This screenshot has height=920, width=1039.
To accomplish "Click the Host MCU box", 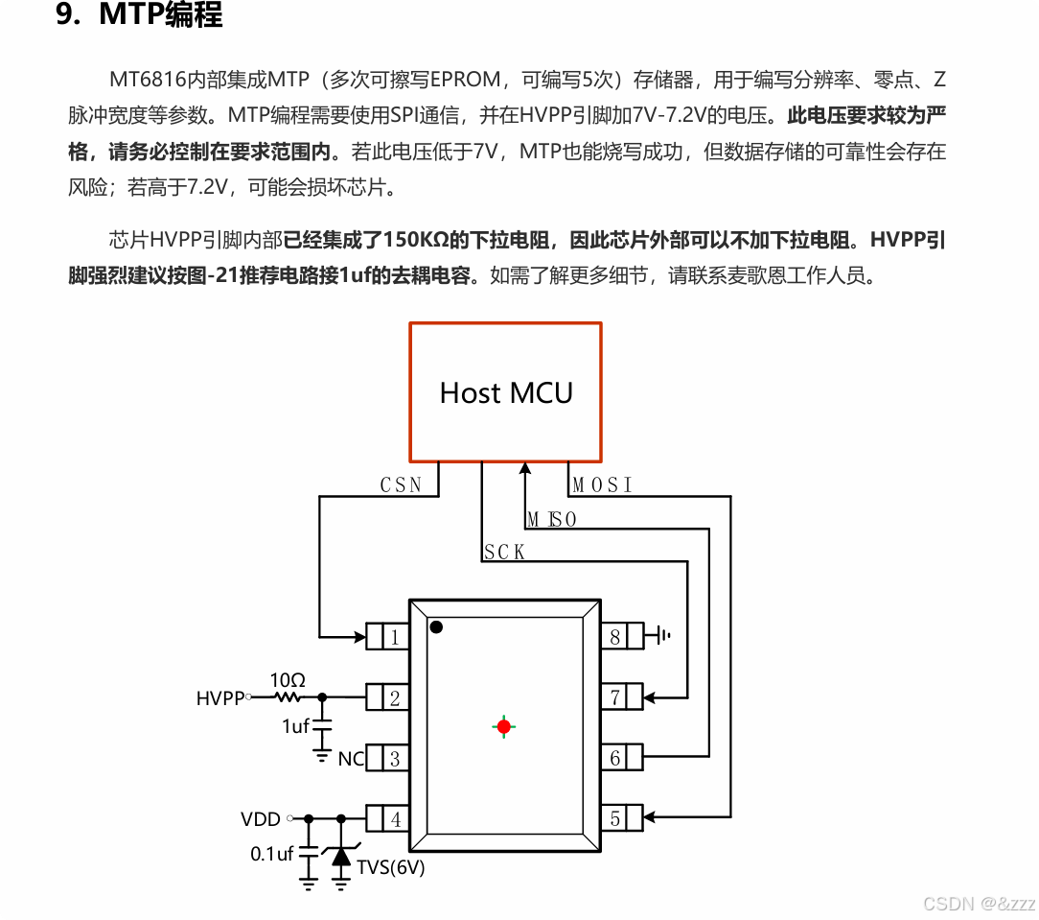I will (x=505, y=392).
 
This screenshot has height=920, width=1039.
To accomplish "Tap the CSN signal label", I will (x=401, y=485).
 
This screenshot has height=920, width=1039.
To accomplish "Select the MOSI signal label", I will (x=603, y=485).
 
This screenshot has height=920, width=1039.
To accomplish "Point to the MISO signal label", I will (x=552, y=520).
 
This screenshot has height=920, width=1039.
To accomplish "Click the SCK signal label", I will (x=504, y=553).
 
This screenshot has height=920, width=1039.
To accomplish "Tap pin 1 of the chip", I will (x=394, y=636).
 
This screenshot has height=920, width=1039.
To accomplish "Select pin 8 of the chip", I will (x=615, y=636).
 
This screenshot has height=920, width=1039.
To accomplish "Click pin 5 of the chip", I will (x=615, y=819).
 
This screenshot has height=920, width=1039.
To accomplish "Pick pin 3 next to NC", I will (x=394, y=759).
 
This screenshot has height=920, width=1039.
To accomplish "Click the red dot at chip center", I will (x=504, y=726).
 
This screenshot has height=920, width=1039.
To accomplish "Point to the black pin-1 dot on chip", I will (x=436, y=627).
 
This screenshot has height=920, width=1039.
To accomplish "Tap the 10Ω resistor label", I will (x=288, y=679).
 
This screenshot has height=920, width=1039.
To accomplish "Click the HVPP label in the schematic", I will (x=220, y=698).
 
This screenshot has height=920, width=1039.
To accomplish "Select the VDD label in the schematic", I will (x=261, y=819).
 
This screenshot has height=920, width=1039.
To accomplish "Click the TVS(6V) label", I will (x=390, y=868).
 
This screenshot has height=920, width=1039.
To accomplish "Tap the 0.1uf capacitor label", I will (x=271, y=853).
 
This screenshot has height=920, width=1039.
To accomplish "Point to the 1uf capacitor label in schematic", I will (x=295, y=726).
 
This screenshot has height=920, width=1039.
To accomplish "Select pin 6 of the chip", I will (x=615, y=759).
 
